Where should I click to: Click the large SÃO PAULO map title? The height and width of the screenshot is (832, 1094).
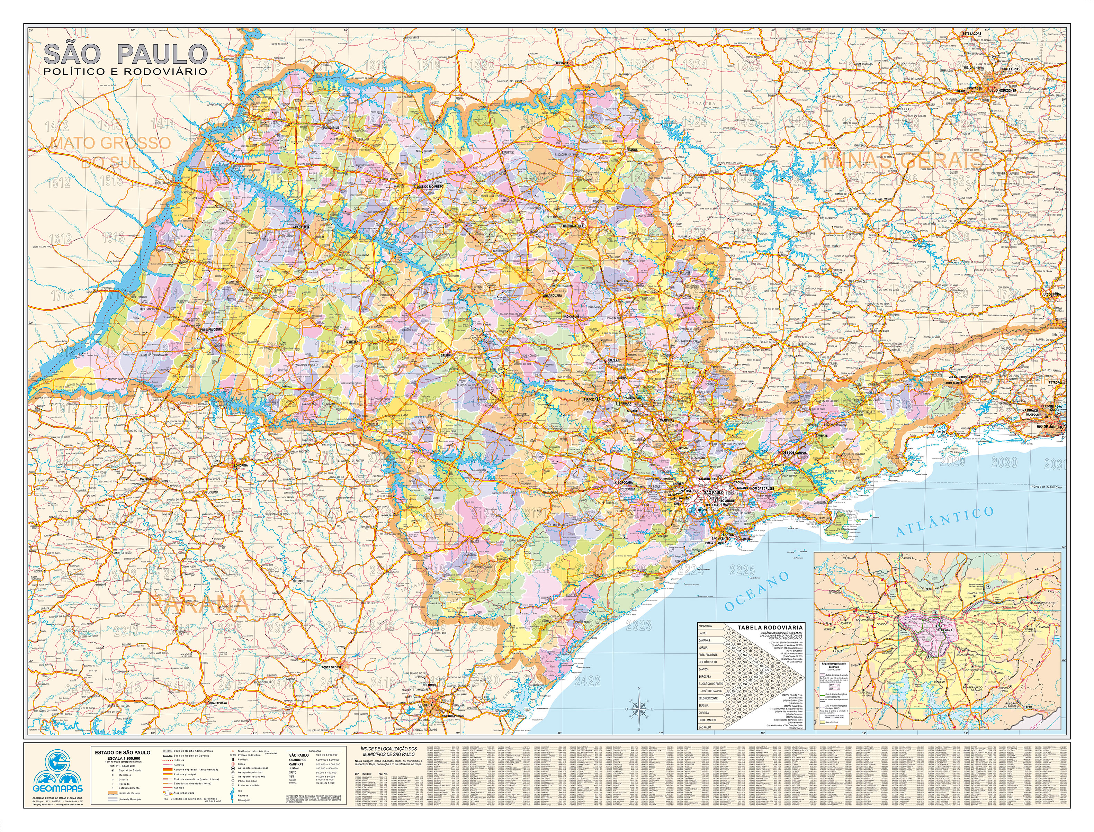click(125, 54)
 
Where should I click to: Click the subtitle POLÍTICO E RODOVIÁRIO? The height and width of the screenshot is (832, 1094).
click(125, 71)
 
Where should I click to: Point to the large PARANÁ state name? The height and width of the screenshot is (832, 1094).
click(198, 602)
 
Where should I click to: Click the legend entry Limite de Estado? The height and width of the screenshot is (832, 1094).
click(185, 793)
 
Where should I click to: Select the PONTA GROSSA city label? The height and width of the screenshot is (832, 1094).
click(332, 667)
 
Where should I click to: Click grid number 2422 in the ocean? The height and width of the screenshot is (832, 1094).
click(588, 681)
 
